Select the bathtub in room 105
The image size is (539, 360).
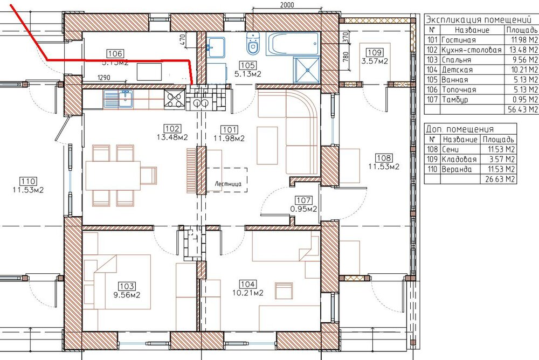[x=293, y=44]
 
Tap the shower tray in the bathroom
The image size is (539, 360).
[x=307, y=70]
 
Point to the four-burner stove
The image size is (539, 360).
[x=174, y=99]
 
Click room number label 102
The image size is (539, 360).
[x=172, y=129]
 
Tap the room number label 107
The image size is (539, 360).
[x=303, y=200]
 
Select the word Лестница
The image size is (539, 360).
[x=228, y=184]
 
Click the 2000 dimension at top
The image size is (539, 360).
[x=287, y=4]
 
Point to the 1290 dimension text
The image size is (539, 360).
[x=104, y=78]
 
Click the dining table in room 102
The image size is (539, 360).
[x=113, y=175]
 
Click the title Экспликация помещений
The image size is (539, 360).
[x=478, y=19]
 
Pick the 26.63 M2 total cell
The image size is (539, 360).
[x=500, y=179]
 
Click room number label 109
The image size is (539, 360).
[x=375, y=52]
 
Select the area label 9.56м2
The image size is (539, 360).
[x=127, y=295]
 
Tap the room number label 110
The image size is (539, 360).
[x=28, y=181]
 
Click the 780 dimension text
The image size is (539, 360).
[x=346, y=57]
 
